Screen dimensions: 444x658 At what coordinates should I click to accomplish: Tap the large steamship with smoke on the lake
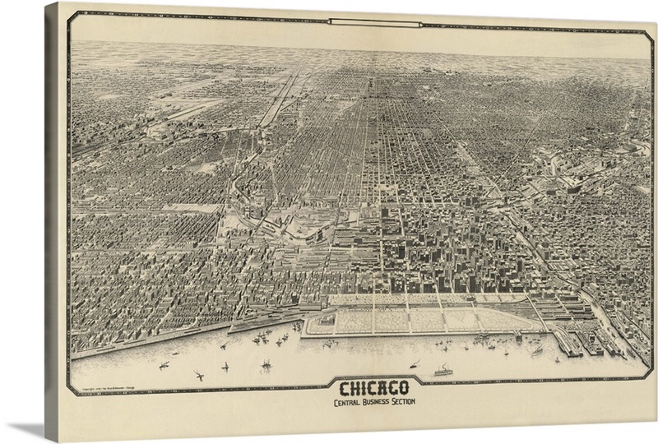pyautogui.click(x=443, y=369)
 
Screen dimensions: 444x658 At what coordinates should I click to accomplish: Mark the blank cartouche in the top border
pyautogui.click(x=363, y=21)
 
